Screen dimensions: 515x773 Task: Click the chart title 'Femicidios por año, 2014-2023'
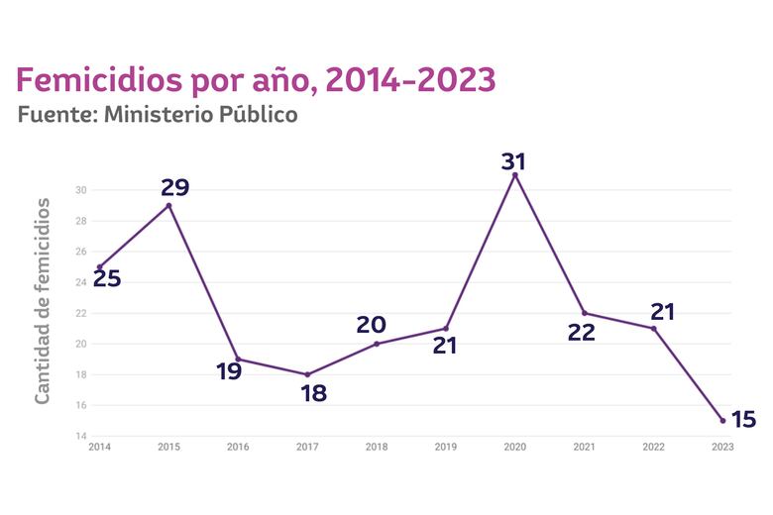[x=255, y=79]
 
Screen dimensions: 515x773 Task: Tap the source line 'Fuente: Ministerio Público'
[x=158, y=115]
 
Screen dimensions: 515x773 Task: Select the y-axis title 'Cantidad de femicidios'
[x=43, y=300]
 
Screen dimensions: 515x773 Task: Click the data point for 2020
[x=514, y=174]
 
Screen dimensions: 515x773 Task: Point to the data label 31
[x=513, y=160]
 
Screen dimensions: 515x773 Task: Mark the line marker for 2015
[x=168, y=205]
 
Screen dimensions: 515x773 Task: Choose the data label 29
[x=174, y=187]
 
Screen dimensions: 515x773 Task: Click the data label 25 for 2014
[x=106, y=278]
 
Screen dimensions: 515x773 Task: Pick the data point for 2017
[x=307, y=374]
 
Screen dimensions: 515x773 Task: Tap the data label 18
[x=313, y=393]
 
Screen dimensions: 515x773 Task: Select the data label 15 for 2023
[x=742, y=420]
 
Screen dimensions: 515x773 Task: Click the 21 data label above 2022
[x=662, y=312]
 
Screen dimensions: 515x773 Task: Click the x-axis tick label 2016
[x=238, y=448]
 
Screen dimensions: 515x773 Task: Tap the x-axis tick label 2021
[x=584, y=448]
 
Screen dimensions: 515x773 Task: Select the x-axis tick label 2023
[x=722, y=448]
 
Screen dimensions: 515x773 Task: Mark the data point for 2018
[x=377, y=344]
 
